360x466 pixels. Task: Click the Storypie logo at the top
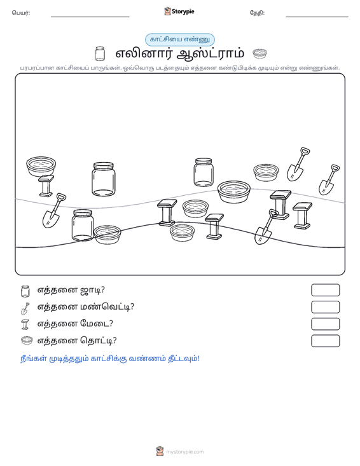(179, 11)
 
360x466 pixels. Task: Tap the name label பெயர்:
(21, 13)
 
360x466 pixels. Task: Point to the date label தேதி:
(257, 13)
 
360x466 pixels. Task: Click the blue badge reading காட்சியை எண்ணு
(180, 39)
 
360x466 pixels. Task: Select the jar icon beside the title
(100, 53)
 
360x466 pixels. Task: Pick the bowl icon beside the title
(260, 53)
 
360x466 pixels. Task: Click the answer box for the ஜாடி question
(325, 290)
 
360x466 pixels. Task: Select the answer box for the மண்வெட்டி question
(325, 307)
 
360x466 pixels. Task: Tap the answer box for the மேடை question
(325, 324)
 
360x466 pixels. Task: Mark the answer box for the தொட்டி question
(325, 341)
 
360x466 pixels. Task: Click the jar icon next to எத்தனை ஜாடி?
(25, 291)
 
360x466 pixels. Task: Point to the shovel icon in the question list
(25, 308)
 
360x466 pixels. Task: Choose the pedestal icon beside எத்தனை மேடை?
(25, 324)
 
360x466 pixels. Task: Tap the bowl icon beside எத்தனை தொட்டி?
(27, 340)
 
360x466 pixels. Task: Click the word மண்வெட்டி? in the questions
(107, 306)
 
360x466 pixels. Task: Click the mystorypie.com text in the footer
(185, 452)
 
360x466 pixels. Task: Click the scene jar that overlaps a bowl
(82, 225)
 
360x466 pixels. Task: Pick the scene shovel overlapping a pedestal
(266, 227)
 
